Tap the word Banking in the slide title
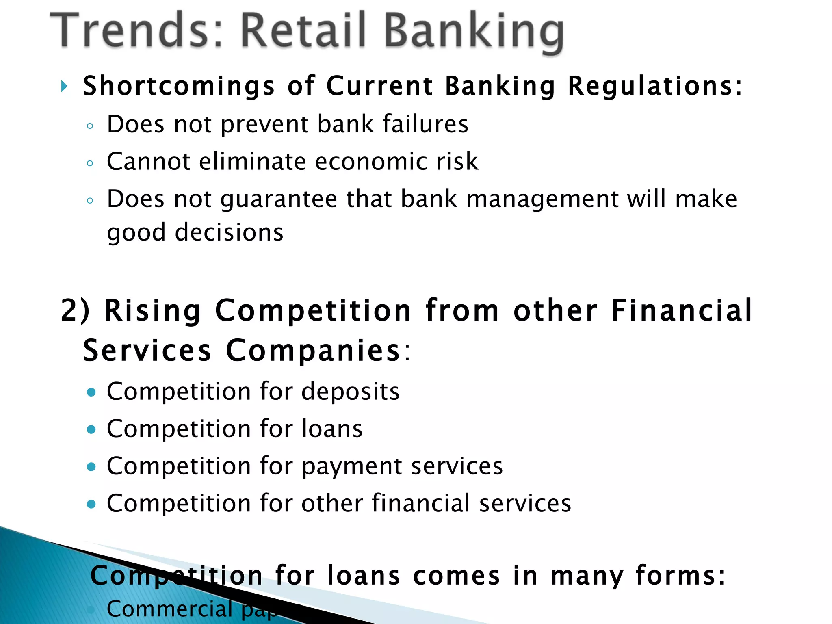coord(473,32)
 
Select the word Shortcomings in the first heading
coord(179,87)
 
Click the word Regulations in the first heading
coord(654,87)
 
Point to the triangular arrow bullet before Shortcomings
coord(64,86)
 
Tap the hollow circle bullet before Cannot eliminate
coord(90,163)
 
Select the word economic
coord(371,161)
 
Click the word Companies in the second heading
coord(313,351)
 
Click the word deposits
coord(350,391)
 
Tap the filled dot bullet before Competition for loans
coord(91,429)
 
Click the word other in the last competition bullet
coord(332,503)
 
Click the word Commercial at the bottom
coord(169,609)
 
